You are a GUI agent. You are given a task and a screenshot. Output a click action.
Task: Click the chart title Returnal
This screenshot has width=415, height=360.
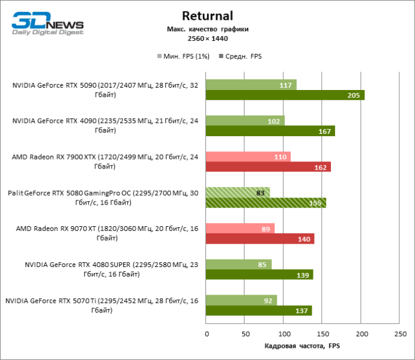click(x=207, y=16)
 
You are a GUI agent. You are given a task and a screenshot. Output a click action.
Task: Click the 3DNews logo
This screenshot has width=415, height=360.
click(x=47, y=23)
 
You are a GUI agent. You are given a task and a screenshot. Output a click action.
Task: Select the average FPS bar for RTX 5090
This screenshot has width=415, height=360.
click(x=285, y=95)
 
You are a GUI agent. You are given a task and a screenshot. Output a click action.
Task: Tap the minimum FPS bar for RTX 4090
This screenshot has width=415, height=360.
click(x=245, y=120)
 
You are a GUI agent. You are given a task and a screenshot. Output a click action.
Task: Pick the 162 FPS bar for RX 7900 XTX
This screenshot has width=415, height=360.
click(x=268, y=167)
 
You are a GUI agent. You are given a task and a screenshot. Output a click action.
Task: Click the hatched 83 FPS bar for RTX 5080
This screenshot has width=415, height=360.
click(x=238, y=192)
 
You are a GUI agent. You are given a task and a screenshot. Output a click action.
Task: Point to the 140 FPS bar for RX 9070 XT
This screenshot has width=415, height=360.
click(x=260, y=239)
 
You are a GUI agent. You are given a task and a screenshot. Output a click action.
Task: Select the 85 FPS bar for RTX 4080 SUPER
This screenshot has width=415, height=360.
click(x=238, y=264)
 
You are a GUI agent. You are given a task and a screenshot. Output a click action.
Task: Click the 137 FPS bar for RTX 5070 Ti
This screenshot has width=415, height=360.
click(x=259, y=311)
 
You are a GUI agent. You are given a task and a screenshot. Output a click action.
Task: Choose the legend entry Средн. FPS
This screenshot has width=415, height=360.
click(x=243, y=56)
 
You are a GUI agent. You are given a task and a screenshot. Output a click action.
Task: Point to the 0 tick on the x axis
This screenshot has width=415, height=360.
click(x=206, y=334)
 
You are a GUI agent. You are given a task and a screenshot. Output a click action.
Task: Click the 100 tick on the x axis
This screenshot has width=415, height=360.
click(x=283, y=334)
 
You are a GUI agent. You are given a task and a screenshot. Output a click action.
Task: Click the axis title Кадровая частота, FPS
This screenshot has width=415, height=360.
click(x=302, y=346)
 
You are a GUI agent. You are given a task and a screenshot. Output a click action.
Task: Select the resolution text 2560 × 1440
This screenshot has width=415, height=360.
click(x=207, y=38)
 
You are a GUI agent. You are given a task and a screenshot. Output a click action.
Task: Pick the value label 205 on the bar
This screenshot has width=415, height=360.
click(x=354, y=95)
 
